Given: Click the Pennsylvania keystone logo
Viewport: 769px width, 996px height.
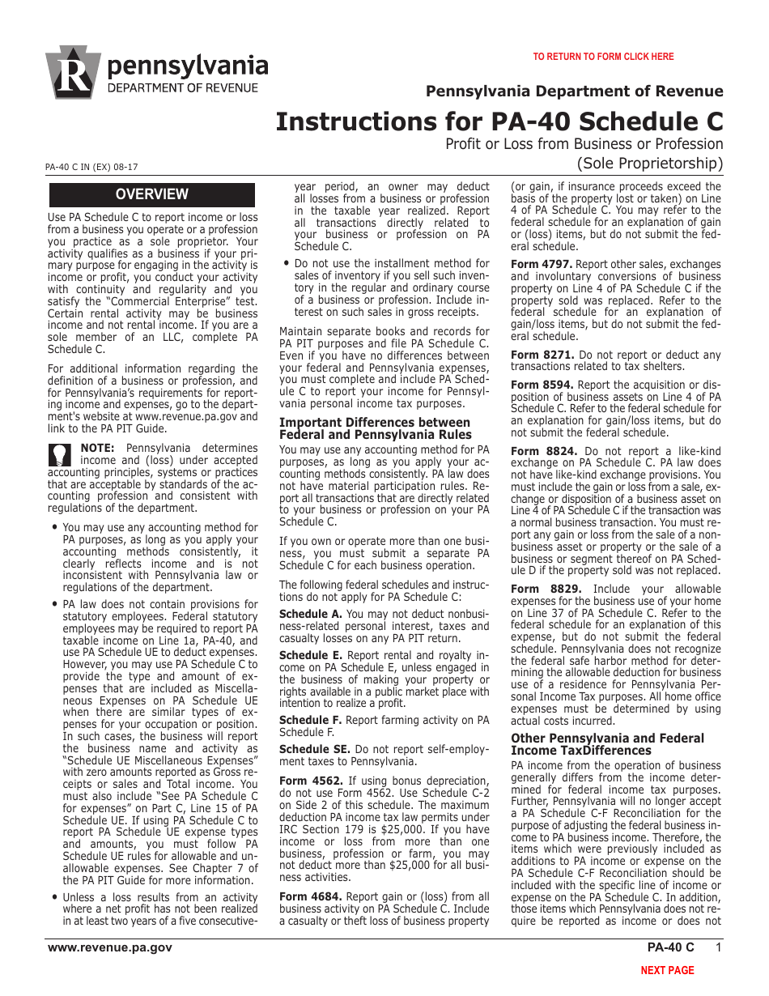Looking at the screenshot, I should pyautogui.click(x=73, y=72).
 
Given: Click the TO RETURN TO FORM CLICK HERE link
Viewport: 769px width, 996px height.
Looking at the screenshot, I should pyautogui.click(x=603, y=57).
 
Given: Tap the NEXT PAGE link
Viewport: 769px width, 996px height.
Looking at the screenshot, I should pyautogui.click(x=667, y=970).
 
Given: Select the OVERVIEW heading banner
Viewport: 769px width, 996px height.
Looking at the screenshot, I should pyautogui.click(x=152, y=194).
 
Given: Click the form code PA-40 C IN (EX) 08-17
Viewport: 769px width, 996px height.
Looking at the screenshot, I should pyautogui.click(x=91, y=167).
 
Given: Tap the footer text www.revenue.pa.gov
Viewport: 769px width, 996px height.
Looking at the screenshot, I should pyautogui.click(x=110, y=947).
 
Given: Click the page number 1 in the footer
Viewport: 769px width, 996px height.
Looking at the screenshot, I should pyautogui.click(x=717, y=947).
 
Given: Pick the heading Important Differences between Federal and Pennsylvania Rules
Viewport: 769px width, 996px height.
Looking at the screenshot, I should pyautogui.click(x=374, y=428).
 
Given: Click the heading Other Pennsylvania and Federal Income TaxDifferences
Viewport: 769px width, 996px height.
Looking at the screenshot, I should pyautogui.click(x=607, y=744).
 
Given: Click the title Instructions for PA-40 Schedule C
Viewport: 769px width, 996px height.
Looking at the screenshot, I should pyautogui.click(x=499, y=121).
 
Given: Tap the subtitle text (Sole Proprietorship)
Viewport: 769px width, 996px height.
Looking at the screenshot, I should pyautogui.click(x=649, y=164).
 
